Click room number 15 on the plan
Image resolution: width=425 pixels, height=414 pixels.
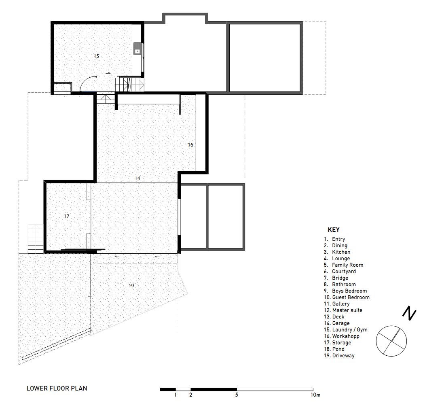coord(97,56)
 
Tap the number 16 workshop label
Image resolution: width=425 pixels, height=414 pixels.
coord(190,145)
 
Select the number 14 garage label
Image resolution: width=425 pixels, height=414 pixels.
coord(137,178)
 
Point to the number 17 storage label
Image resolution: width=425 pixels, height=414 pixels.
coord(66,216)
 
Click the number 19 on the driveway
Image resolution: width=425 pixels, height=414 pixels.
coord(131,285)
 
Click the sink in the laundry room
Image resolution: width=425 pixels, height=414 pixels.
coord(137,49)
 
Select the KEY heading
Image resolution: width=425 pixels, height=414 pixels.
coord(333,230)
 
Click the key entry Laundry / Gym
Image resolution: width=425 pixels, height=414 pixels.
coord(350,330)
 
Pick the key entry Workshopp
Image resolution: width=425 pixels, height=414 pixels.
coord(346,336)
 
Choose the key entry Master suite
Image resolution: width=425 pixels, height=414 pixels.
coord(347,310)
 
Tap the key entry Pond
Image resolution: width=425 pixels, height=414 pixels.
coord(338,349)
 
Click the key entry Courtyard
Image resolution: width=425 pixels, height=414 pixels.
coord(344,272)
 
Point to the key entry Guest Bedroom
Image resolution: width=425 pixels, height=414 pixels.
coord(351,297)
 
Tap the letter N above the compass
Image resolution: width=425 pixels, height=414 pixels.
coord(409,313)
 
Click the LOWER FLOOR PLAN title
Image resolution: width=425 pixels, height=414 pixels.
coord(57,388)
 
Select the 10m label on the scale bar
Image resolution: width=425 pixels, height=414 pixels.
coord(315,395)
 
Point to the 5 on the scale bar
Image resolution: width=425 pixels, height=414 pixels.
coord(237,395)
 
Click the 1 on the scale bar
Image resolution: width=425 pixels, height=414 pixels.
coord(175,395)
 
